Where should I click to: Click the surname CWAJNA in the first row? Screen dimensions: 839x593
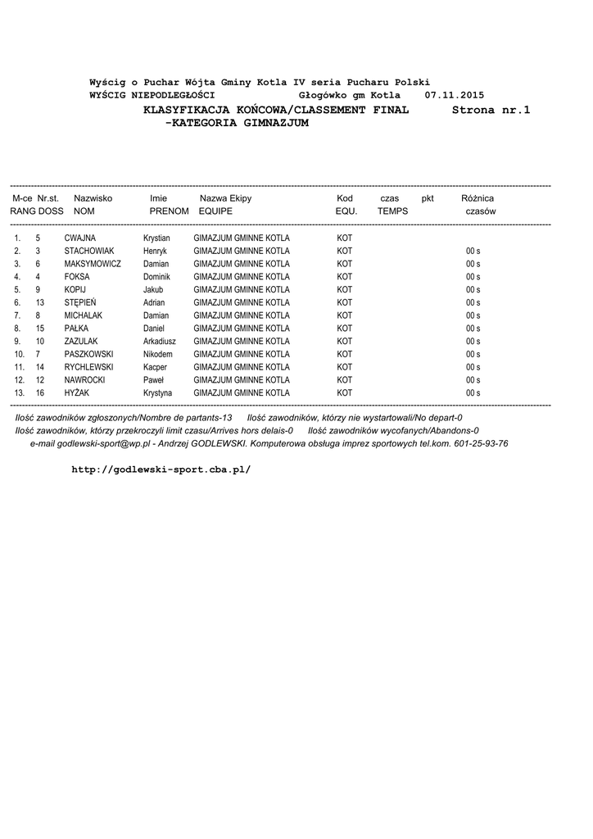[79, 238]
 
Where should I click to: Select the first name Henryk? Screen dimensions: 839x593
[155, 251]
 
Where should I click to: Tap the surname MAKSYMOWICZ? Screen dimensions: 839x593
[93, 264]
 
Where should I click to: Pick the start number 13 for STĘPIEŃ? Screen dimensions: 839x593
[39, 302]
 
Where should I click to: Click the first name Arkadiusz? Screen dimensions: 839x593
[160, 341]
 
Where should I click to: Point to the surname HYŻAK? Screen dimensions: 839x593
[78, 392]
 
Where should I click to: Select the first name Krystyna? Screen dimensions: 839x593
[157, 392]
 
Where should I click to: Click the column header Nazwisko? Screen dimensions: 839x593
[93, 198]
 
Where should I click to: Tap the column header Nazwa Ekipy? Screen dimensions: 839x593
[225, 198]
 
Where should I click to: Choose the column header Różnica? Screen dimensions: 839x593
[478, 198]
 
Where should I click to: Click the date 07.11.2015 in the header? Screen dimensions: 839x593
[454, 96]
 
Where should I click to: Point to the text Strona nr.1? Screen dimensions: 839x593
[491, 109]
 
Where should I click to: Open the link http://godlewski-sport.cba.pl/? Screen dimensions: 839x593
[161, 469]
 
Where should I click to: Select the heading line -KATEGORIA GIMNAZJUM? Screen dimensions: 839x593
[237, 123]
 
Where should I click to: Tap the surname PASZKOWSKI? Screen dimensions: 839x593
[88, 354]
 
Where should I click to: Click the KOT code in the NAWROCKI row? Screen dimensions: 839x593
[345, 380]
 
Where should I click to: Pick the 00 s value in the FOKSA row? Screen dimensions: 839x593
[473, 277]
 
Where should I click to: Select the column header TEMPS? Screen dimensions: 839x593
[392, 211]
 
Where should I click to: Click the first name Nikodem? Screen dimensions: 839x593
[157, 354]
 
